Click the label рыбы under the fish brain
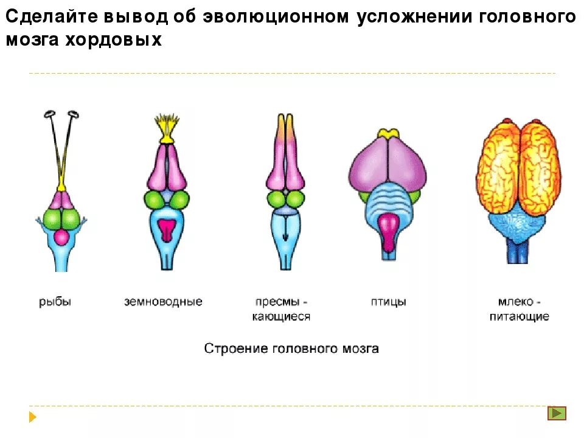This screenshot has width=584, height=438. click(55, 302)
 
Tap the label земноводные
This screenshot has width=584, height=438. click(163, 302)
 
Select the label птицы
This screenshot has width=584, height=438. click(388, 302)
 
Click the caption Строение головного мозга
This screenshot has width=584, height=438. click(291, 349)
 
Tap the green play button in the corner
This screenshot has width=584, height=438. click(557, 413)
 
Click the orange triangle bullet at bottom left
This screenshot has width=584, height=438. click(33, 417)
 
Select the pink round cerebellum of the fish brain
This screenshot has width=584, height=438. click(62, 237)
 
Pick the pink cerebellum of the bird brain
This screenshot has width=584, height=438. click(388, 231)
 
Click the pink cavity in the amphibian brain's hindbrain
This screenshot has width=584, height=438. click(166, 231)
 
